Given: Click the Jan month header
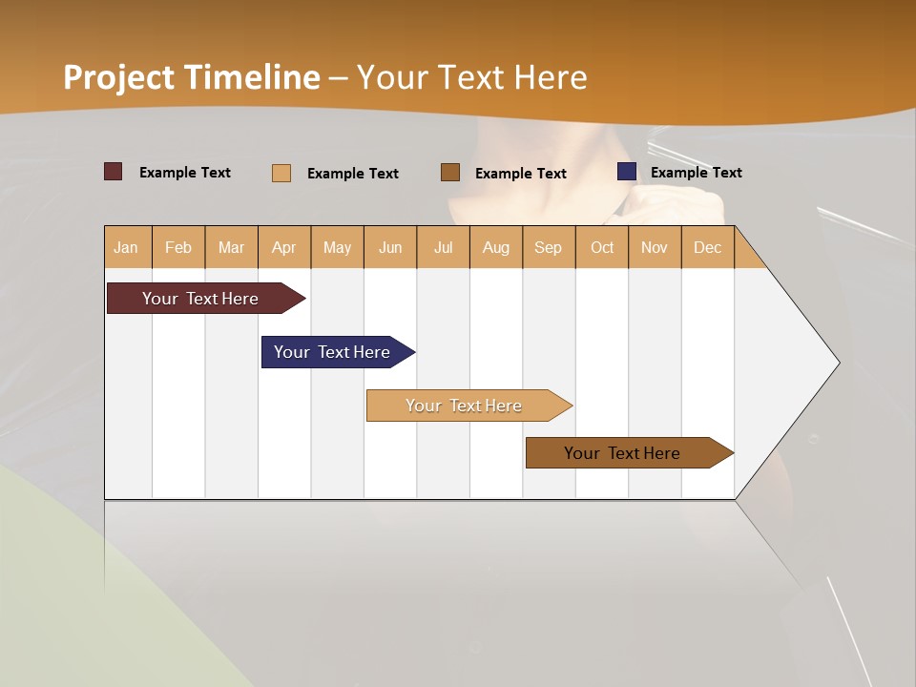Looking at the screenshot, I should pos(127,247).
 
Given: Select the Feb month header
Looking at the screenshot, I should pos(178,247).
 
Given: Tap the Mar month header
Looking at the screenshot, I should pos(231,247).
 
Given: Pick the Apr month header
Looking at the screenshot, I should pos(284,247).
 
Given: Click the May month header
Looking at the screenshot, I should pos(337,247).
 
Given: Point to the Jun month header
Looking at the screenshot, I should pos(390,247).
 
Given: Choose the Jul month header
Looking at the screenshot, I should pos(443,247).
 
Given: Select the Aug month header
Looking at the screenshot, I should pos(496,247).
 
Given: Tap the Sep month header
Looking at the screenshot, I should pos(549,247).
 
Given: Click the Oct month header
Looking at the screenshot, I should pos(602,247).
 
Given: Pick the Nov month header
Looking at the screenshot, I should pos(655,247).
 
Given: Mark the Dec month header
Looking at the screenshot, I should pos(707,247).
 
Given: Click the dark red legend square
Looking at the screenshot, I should pos(114,172).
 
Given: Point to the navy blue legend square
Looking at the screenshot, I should pos(627,172).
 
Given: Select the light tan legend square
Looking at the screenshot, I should pos(281,173).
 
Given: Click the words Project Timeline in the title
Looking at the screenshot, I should pos(192,77).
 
